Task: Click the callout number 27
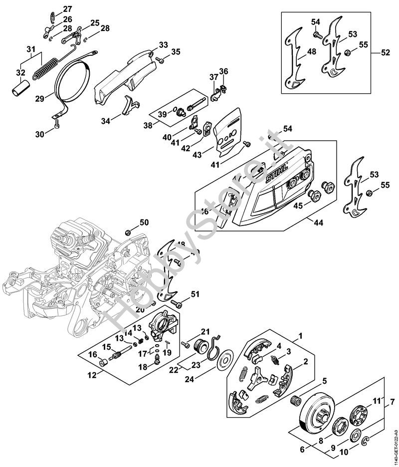(67, 8)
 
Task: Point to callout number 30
(40, 133)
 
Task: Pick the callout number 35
(176, 52)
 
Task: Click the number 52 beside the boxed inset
(385, 52)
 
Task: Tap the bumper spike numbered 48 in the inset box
(294, 60)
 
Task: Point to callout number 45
(298, 205)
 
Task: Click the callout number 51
(195, 293)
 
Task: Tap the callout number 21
(205, 332)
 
